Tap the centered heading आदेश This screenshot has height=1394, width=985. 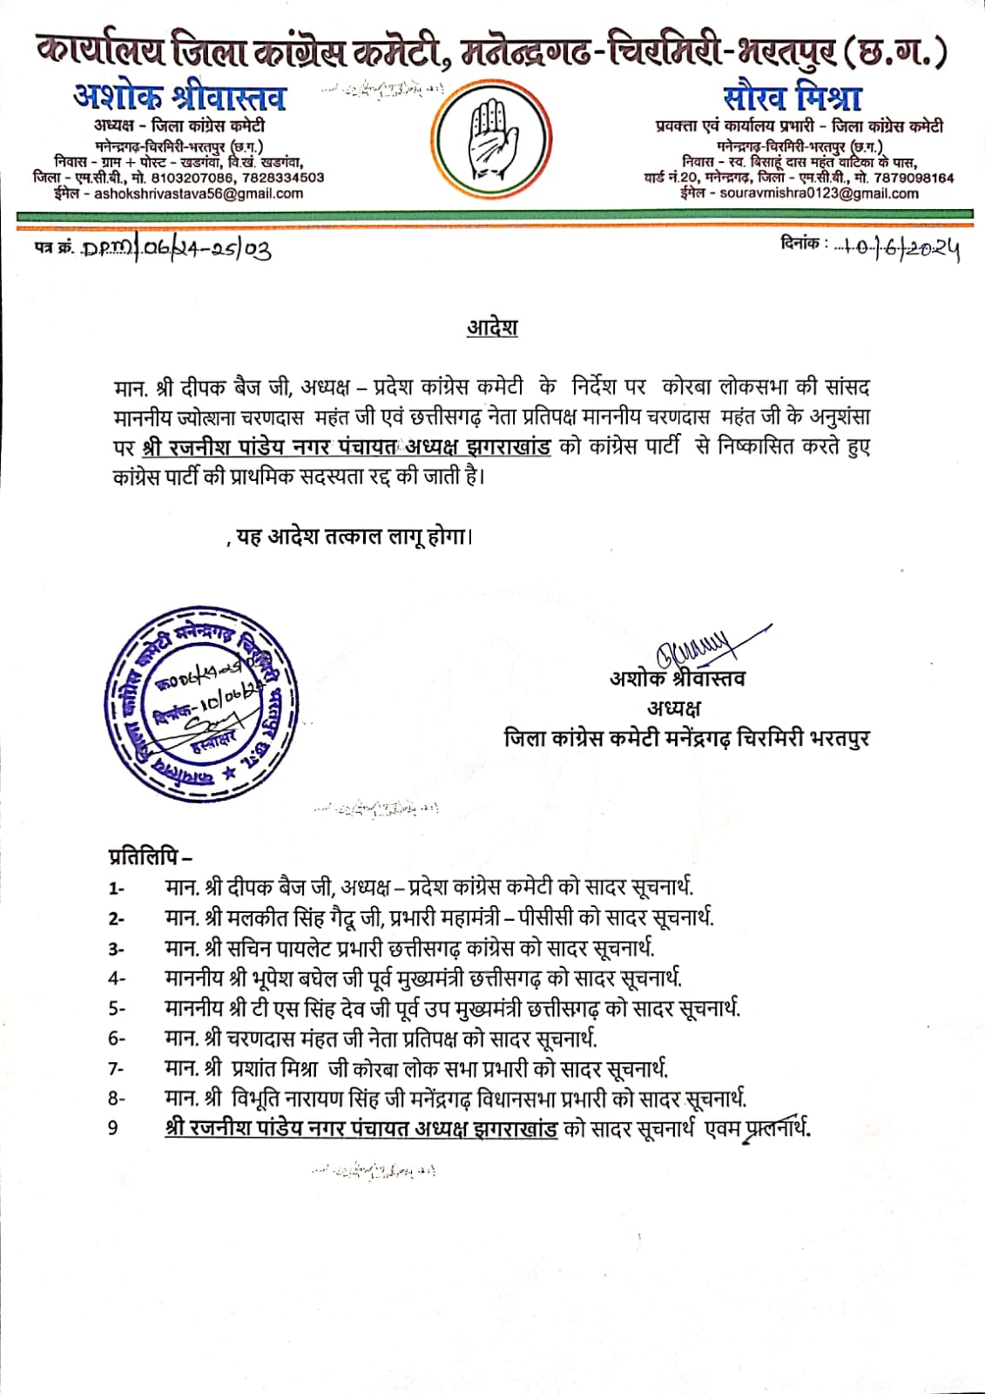[491, 329]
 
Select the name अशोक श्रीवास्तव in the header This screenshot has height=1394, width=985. [180, 98]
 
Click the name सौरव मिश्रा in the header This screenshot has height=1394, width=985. [793, 97]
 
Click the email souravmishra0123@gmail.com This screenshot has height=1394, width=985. [819, 193]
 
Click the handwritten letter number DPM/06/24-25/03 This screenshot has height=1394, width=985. [176, 250]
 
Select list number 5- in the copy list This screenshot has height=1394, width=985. [117, 1008]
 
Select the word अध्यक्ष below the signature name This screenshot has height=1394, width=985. [674, 707]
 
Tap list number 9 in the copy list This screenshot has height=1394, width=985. [113, 1128]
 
